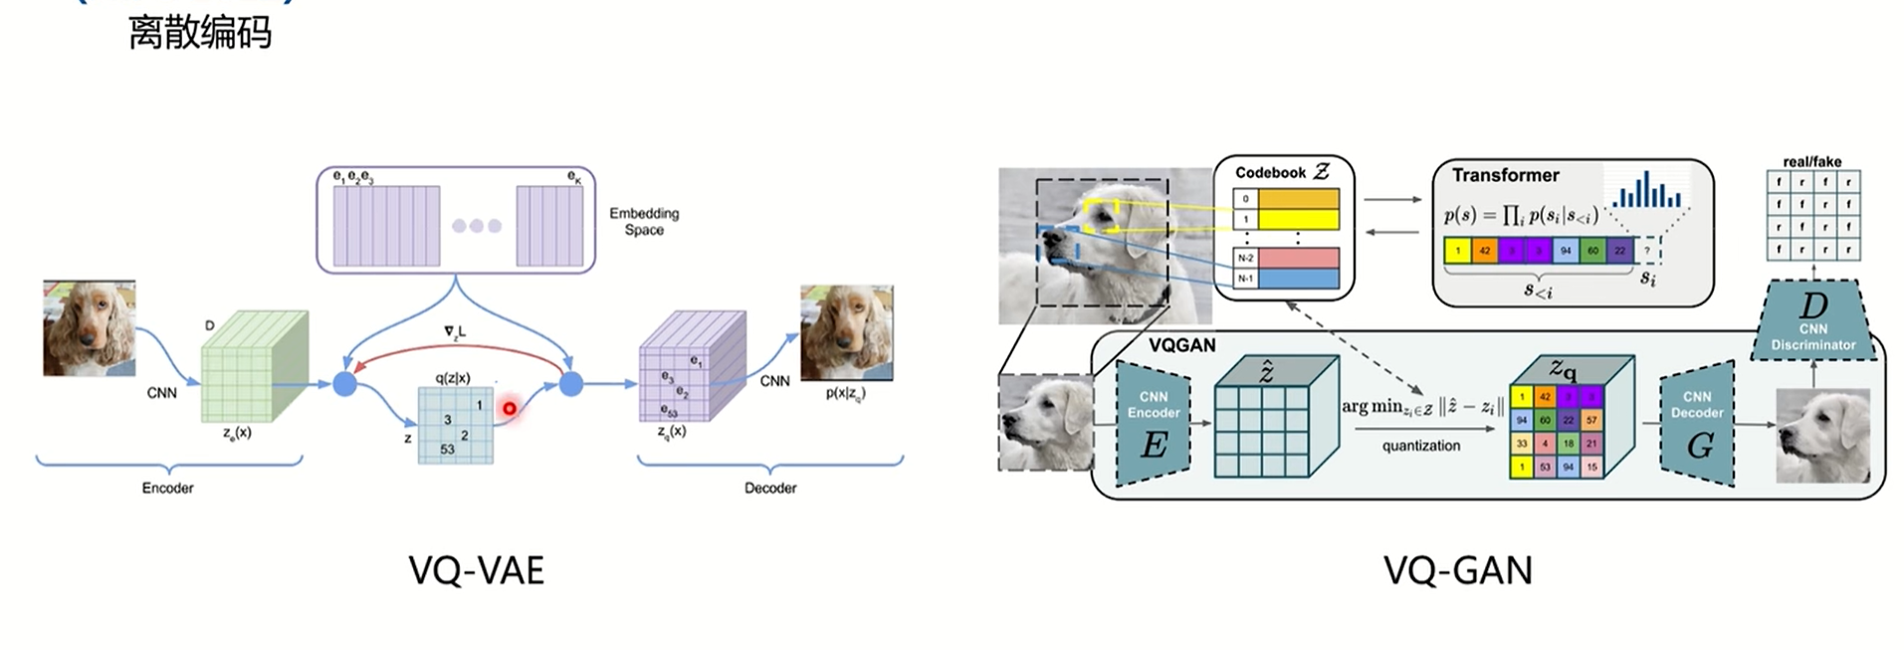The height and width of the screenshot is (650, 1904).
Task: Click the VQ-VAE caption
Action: click(x=476, y=571)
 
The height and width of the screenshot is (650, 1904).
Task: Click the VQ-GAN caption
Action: click(x=1457, y=571)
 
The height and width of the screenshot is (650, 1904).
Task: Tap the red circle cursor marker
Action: click(x=510, y=408)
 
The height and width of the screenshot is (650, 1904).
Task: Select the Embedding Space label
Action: click(x=644, y=221)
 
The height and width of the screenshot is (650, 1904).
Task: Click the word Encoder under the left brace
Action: click(x=167, y=488)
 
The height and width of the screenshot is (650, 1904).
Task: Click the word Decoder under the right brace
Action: click(x=770, y=488)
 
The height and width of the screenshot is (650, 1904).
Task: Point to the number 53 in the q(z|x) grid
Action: click(x=447, y=449)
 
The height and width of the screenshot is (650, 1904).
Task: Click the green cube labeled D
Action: click(x=254, y=366)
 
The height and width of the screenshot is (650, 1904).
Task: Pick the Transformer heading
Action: click(x=1505, y=175)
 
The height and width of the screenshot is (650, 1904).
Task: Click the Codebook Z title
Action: click(x=1282, y=172)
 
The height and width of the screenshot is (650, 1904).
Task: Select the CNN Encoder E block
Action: click(x=1154, y=423)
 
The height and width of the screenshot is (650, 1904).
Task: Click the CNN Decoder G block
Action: click(x=1697, y=423)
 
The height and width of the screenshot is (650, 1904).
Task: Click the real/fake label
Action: click(x=1811, y=161)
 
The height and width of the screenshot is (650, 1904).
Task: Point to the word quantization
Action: click(x=1420, y=446)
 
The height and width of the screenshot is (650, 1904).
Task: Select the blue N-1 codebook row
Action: click(x=1298, y=279)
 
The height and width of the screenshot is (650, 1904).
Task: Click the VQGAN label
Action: click(x=1181, y=345)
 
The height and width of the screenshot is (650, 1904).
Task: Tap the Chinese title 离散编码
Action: click(x=200, y=33)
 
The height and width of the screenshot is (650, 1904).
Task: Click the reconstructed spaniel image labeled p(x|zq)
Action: click(x=846, y=332)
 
